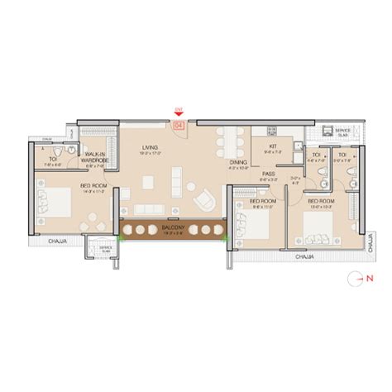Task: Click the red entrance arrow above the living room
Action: pos(178,113)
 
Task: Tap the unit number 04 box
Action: pos(178,126)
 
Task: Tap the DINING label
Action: pos(238,163)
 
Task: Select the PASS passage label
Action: pos(269,174)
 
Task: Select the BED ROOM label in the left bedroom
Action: pos(91,186)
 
